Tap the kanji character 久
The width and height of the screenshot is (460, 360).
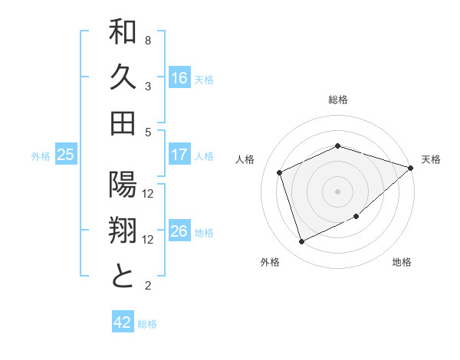123,79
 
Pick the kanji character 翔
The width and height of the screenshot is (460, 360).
123,231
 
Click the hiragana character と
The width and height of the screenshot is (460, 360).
123,275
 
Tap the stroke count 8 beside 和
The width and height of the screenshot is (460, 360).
148,40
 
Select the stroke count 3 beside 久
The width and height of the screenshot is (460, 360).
148,86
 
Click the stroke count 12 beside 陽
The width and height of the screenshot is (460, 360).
149,193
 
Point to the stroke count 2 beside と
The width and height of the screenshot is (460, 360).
148,286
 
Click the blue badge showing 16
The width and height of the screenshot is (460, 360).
179,78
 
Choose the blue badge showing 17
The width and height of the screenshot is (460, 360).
179,155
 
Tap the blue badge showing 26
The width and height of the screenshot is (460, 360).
179,232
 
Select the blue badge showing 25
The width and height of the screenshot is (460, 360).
65,155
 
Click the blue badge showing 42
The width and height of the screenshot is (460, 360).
123,322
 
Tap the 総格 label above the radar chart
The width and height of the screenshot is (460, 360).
337,100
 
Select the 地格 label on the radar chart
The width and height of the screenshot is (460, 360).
402,262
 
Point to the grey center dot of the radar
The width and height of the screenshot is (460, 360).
337,190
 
